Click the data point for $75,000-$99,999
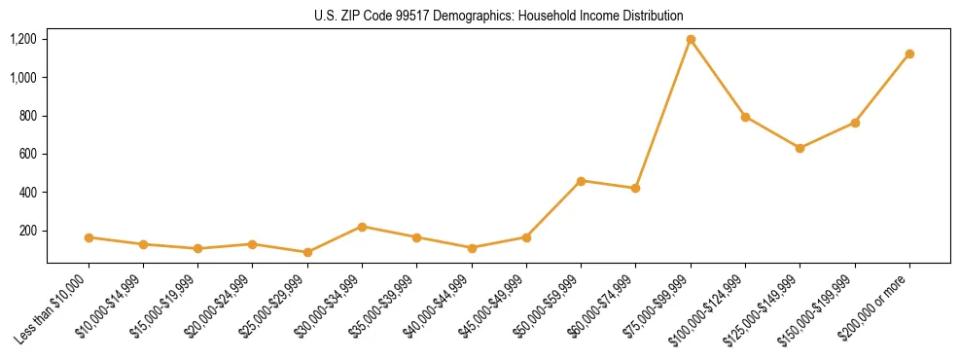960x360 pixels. coord(691,40)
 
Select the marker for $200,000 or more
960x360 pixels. coord(909,54)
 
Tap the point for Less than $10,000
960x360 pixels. coord(89,237)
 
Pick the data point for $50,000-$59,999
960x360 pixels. coord(581,181)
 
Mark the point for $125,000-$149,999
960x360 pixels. coord(800,148)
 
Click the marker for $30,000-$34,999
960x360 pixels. coord(362,227)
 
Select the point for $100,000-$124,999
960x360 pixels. coord(745,117)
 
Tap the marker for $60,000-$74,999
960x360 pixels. coord(635,188)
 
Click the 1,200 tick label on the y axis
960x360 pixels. coord(22,39)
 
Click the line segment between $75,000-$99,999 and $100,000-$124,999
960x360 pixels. coord(718,79)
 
